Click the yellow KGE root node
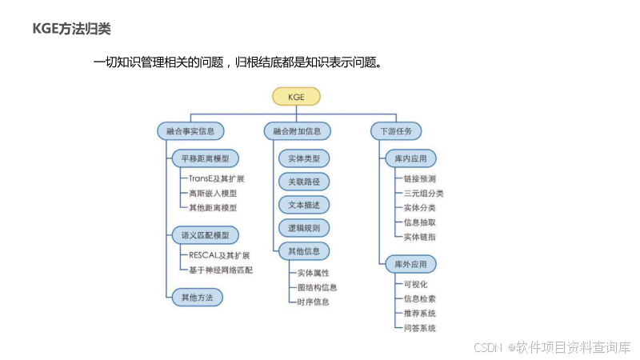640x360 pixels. point(296,97)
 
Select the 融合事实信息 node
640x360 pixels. point(190,130)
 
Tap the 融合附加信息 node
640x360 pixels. point(297,130)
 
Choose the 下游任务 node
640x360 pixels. point(396,130)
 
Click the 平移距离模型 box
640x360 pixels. point(205,158)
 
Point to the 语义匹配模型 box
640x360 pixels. point(205,235)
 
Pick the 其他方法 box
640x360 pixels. point(196,297)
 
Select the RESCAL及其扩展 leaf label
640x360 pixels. point(219,255)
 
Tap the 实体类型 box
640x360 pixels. point(304,158)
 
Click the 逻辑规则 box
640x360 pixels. point(304,228)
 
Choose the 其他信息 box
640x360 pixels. point(304,251)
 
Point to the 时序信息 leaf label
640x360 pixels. point(313,302)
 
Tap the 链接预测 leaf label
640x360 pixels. point(420,178)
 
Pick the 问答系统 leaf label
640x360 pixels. point(420,327)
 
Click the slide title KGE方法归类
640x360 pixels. point(71,29)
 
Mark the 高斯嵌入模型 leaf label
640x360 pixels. point(212,193)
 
